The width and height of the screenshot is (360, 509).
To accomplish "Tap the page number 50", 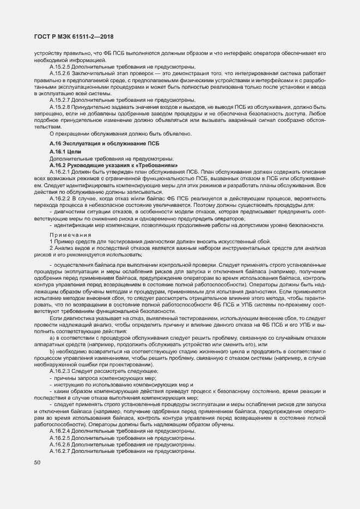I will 38,463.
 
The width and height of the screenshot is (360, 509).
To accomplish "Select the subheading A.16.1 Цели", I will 65,151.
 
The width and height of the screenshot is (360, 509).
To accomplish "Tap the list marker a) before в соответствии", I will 52,338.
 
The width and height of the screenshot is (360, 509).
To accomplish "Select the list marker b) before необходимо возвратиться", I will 52,352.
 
